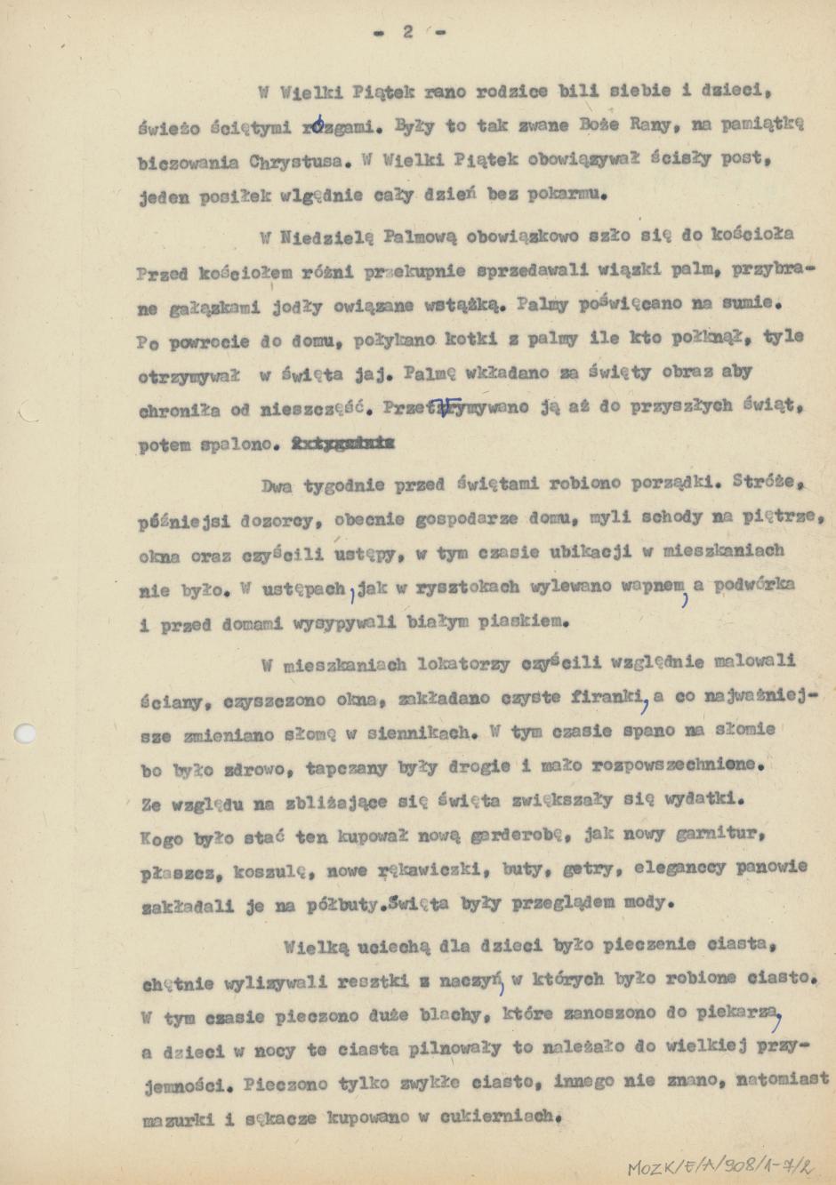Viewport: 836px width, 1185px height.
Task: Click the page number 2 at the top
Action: click(x=408, y=32)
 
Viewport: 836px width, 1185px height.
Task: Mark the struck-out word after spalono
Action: click(x=344, y=444)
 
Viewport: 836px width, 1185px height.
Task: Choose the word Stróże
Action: click(x=769, y=481)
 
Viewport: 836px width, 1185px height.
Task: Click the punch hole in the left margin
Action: click(x=26, y=733)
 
